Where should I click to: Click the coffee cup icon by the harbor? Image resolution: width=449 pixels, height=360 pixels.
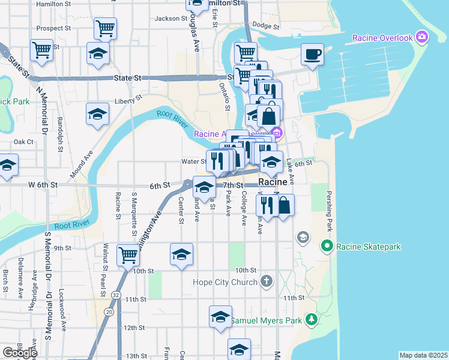312,55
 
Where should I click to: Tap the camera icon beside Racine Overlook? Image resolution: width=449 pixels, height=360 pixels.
422,38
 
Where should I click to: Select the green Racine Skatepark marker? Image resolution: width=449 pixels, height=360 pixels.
327,246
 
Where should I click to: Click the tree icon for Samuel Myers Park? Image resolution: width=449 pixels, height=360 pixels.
311,320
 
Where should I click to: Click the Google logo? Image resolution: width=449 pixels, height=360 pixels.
19,352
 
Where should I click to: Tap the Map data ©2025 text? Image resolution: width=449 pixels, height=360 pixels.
423,355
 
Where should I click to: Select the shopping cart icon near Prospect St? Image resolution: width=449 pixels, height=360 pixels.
105,28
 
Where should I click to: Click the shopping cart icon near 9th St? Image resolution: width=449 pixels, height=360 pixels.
128,255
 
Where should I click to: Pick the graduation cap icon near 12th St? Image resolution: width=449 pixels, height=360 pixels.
220,316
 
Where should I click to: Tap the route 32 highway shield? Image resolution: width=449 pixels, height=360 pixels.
115,295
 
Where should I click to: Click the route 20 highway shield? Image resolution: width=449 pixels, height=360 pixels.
108,311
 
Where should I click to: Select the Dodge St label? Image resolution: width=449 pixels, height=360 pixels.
266,25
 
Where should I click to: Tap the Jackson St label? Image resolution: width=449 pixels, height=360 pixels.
167,19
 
